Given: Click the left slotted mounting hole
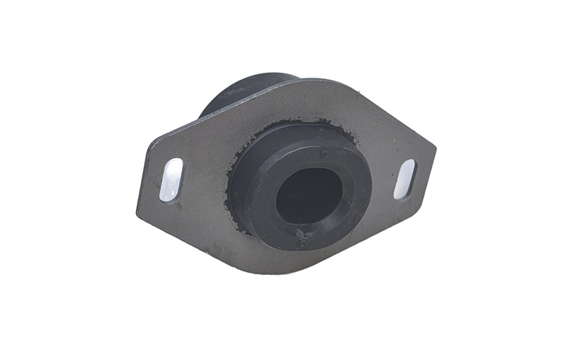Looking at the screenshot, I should click(171, 179).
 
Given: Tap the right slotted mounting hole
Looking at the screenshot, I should click(405, 179).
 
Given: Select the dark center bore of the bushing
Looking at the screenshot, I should click(308, 195).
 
